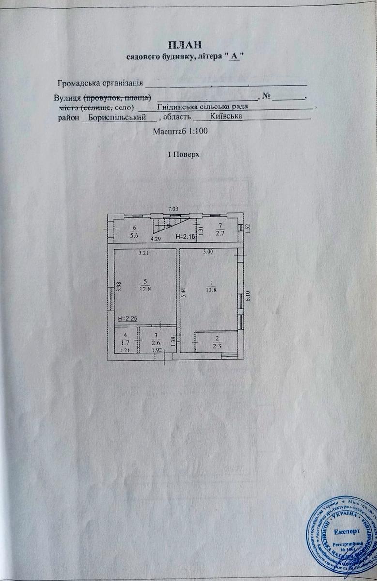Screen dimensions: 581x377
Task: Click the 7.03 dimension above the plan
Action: [174, 209]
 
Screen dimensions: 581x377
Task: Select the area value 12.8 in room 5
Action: [145, 289]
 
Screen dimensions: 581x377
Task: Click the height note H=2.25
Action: [128, 318]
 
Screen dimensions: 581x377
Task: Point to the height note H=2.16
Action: [185, 237]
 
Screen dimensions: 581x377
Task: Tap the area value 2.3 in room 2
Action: [217, 346]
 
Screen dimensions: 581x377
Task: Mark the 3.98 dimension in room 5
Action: [119, 286]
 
